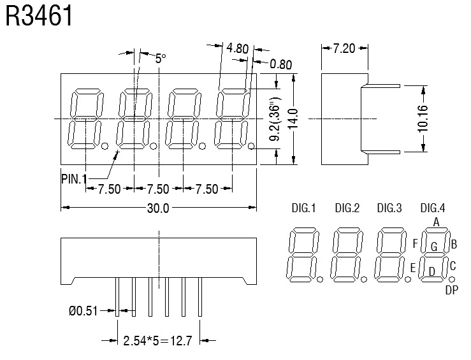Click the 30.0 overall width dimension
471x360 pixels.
pyautogui.click(x=158, y=208)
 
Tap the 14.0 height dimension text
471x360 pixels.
pyautogui.click(x=293, y=119)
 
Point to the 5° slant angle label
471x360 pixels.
pyautogui.click(x=160, y=58)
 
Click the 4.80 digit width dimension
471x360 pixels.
pyautogui.click(x=237, y=48)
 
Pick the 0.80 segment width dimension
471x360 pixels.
pyautogui.click(x=281, y=64)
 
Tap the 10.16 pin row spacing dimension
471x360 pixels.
pyautogui.click(x=423, y=118)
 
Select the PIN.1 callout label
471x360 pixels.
pyautogui.click(x=74, y=178)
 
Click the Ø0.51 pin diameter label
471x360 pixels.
pyautogui.click(x=83, y=311)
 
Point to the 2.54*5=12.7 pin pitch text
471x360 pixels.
pyautogui.click(x=157, y=341)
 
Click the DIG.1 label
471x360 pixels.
pyautogui.click(x=303, y=208)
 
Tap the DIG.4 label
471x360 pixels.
pyautogui.click(x=433, y=208)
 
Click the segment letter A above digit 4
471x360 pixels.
pyautogui.click(x=436, y=222)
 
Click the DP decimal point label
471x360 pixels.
pyautogui.click(x=451, y=291)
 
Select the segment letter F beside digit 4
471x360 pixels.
pyautogui.click(x=415, y=243)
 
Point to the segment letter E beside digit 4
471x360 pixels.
pyautogui.click(x=412, y=268)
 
